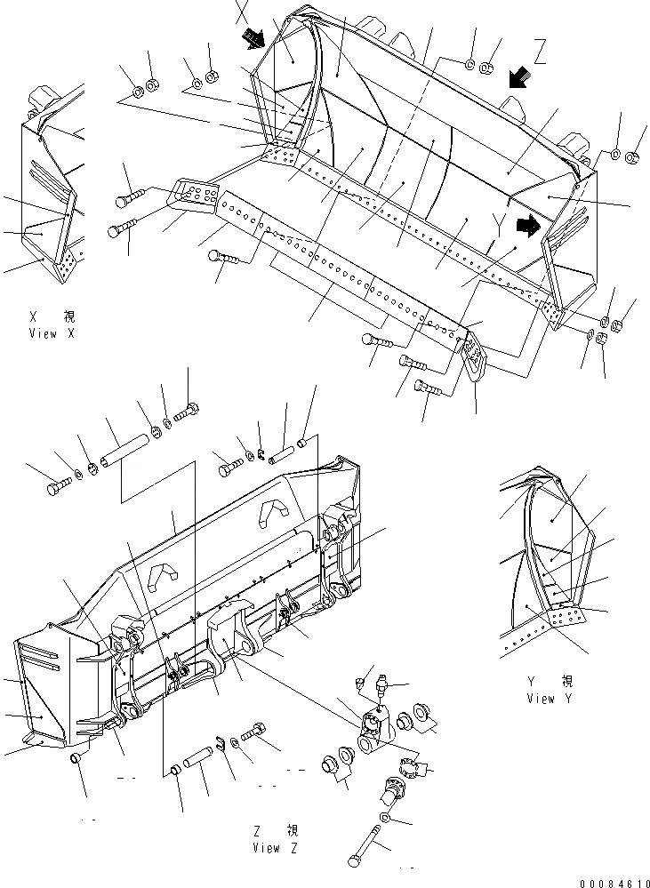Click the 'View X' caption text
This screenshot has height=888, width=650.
point(42,333)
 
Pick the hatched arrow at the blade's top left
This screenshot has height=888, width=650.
point(254,37)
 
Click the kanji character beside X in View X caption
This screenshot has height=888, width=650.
point(68,316)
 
